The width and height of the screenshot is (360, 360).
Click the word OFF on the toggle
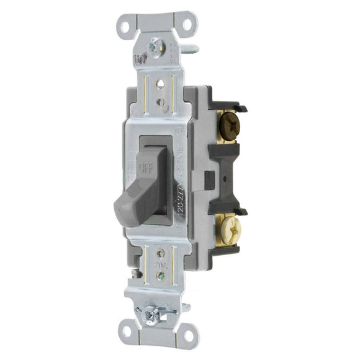pyautogui.click(x=146, y=166)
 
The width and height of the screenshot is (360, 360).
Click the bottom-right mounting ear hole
pyautogui.click(x=187, y=336)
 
